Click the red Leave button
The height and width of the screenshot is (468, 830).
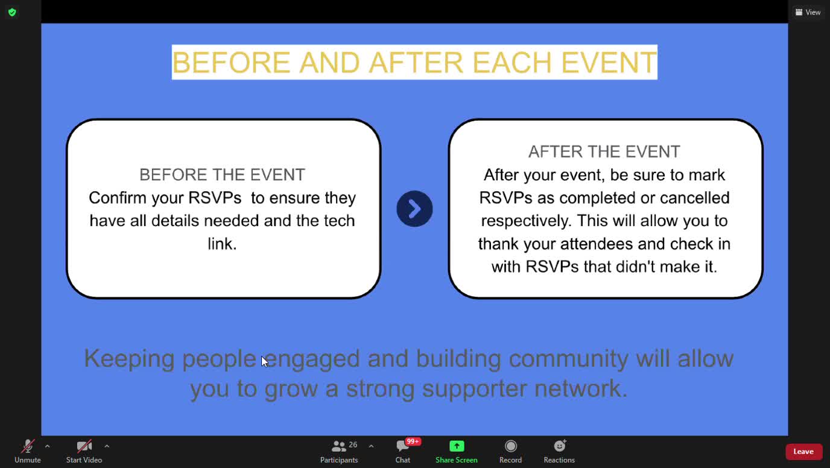[x=803, y=451]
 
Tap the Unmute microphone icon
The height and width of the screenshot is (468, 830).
[x=28, y=446]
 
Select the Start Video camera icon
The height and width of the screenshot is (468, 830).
[x=84, y=446]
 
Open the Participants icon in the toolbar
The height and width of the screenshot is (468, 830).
[x=338, y=446]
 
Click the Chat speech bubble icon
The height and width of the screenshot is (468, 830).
[x=402, y=446]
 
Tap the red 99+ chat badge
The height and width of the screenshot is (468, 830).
[x=413, y=441]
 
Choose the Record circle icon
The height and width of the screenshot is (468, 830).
[x=510, y=446]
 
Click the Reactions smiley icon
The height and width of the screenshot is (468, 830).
[x=560, y=446]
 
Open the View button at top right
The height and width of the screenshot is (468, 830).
[x=808, y=12]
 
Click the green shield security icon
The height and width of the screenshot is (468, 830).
[x=12, y=12]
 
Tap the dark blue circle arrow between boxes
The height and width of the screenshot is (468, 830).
[x=414, y=209]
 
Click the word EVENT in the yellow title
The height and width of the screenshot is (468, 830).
[x=609, y=62]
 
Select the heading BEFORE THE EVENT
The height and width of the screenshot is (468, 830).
[x=222, y=174]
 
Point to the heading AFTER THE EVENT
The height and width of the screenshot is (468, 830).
[x=604, y=151]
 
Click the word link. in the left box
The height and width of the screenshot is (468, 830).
[x=222, y=244]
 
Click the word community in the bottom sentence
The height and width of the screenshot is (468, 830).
[x=568, y=359]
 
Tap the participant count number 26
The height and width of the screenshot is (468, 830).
[x=353, y=444]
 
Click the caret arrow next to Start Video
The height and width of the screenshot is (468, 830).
[x=107, y=446]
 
